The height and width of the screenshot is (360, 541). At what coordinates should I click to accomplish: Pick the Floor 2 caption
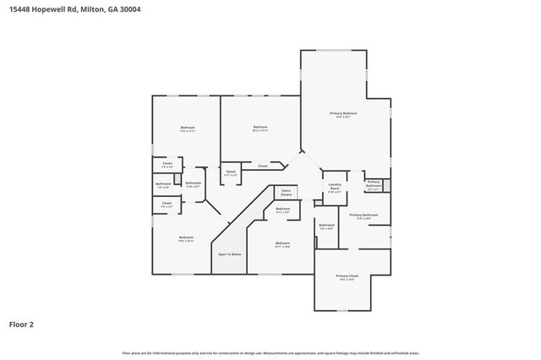coord(22,324)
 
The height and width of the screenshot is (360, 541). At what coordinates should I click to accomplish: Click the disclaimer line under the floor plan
coord(270,352)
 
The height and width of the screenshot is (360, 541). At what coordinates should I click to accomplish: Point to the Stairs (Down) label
coord(286,193)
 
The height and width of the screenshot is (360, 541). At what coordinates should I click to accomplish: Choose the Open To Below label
coord(230,254)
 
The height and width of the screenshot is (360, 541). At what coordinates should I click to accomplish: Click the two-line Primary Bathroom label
coord(374,183)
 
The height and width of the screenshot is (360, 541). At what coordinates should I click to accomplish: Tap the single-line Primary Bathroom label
coord(363,215)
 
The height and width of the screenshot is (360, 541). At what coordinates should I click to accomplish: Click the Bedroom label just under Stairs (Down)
coord(282,210)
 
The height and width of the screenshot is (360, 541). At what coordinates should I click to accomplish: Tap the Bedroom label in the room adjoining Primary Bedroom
coord(260,128)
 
